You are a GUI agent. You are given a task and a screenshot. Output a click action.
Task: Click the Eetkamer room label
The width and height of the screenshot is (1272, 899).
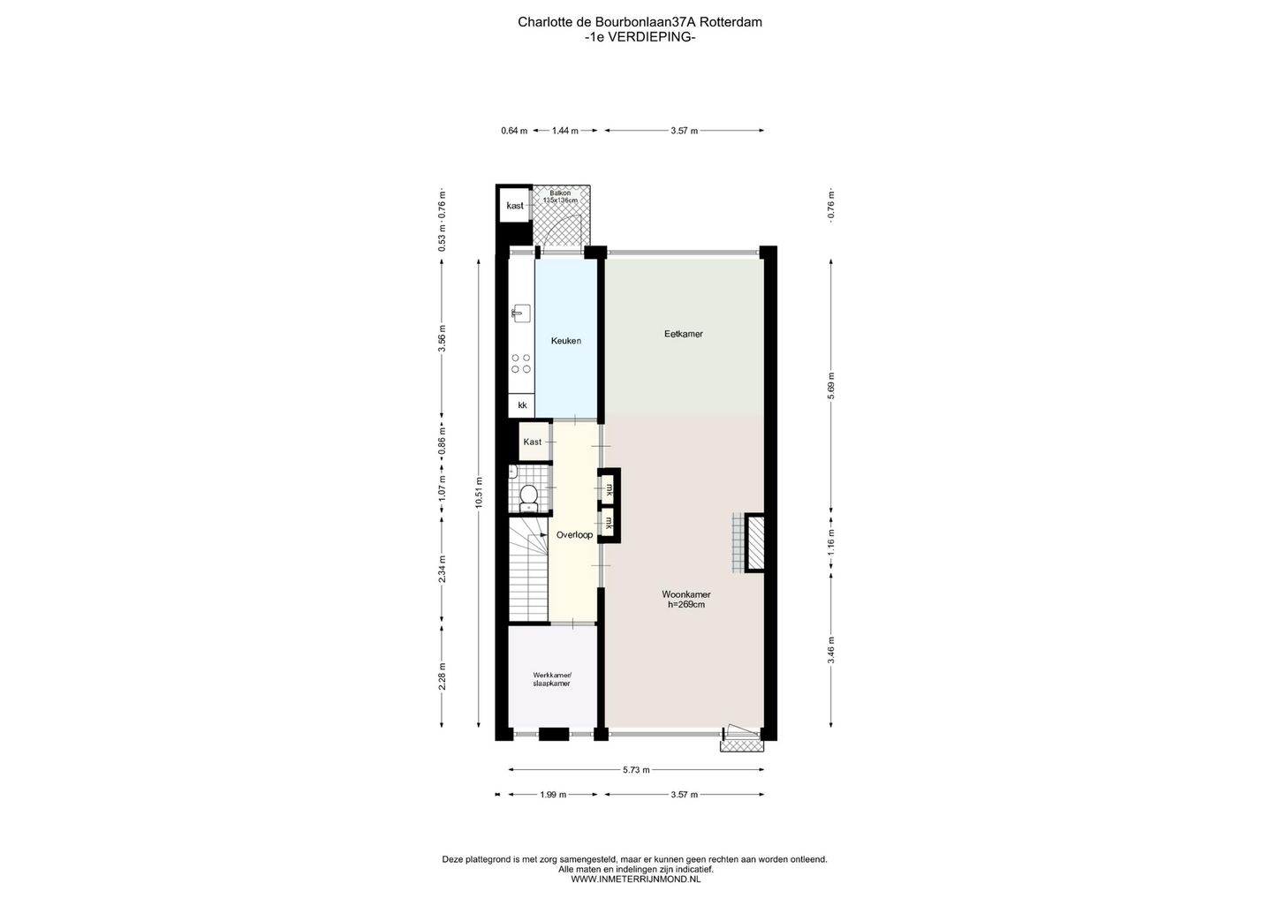point(684,334)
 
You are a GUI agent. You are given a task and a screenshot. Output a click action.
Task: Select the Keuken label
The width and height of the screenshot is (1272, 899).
point(566,341)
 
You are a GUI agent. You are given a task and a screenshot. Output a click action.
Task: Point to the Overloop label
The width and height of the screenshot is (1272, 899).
point(574,534)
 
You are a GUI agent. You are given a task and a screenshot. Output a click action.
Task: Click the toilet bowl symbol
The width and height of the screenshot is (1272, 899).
point(528,496)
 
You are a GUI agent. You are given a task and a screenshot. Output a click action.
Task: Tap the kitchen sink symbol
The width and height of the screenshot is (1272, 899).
point(520,312)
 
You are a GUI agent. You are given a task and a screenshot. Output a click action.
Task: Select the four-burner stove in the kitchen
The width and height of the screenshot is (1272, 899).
point(520,363)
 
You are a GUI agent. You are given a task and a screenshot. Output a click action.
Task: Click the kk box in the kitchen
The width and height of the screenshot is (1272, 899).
point(522,405)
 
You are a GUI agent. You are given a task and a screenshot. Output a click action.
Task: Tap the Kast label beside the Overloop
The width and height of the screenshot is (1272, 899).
point(532,442)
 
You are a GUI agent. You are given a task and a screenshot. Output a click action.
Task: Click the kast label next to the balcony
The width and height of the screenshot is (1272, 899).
point(514,206)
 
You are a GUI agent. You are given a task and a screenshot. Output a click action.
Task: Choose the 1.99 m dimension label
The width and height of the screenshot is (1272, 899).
point(552,795)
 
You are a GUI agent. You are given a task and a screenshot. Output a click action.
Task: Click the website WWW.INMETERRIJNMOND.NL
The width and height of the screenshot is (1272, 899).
point(635,879)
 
